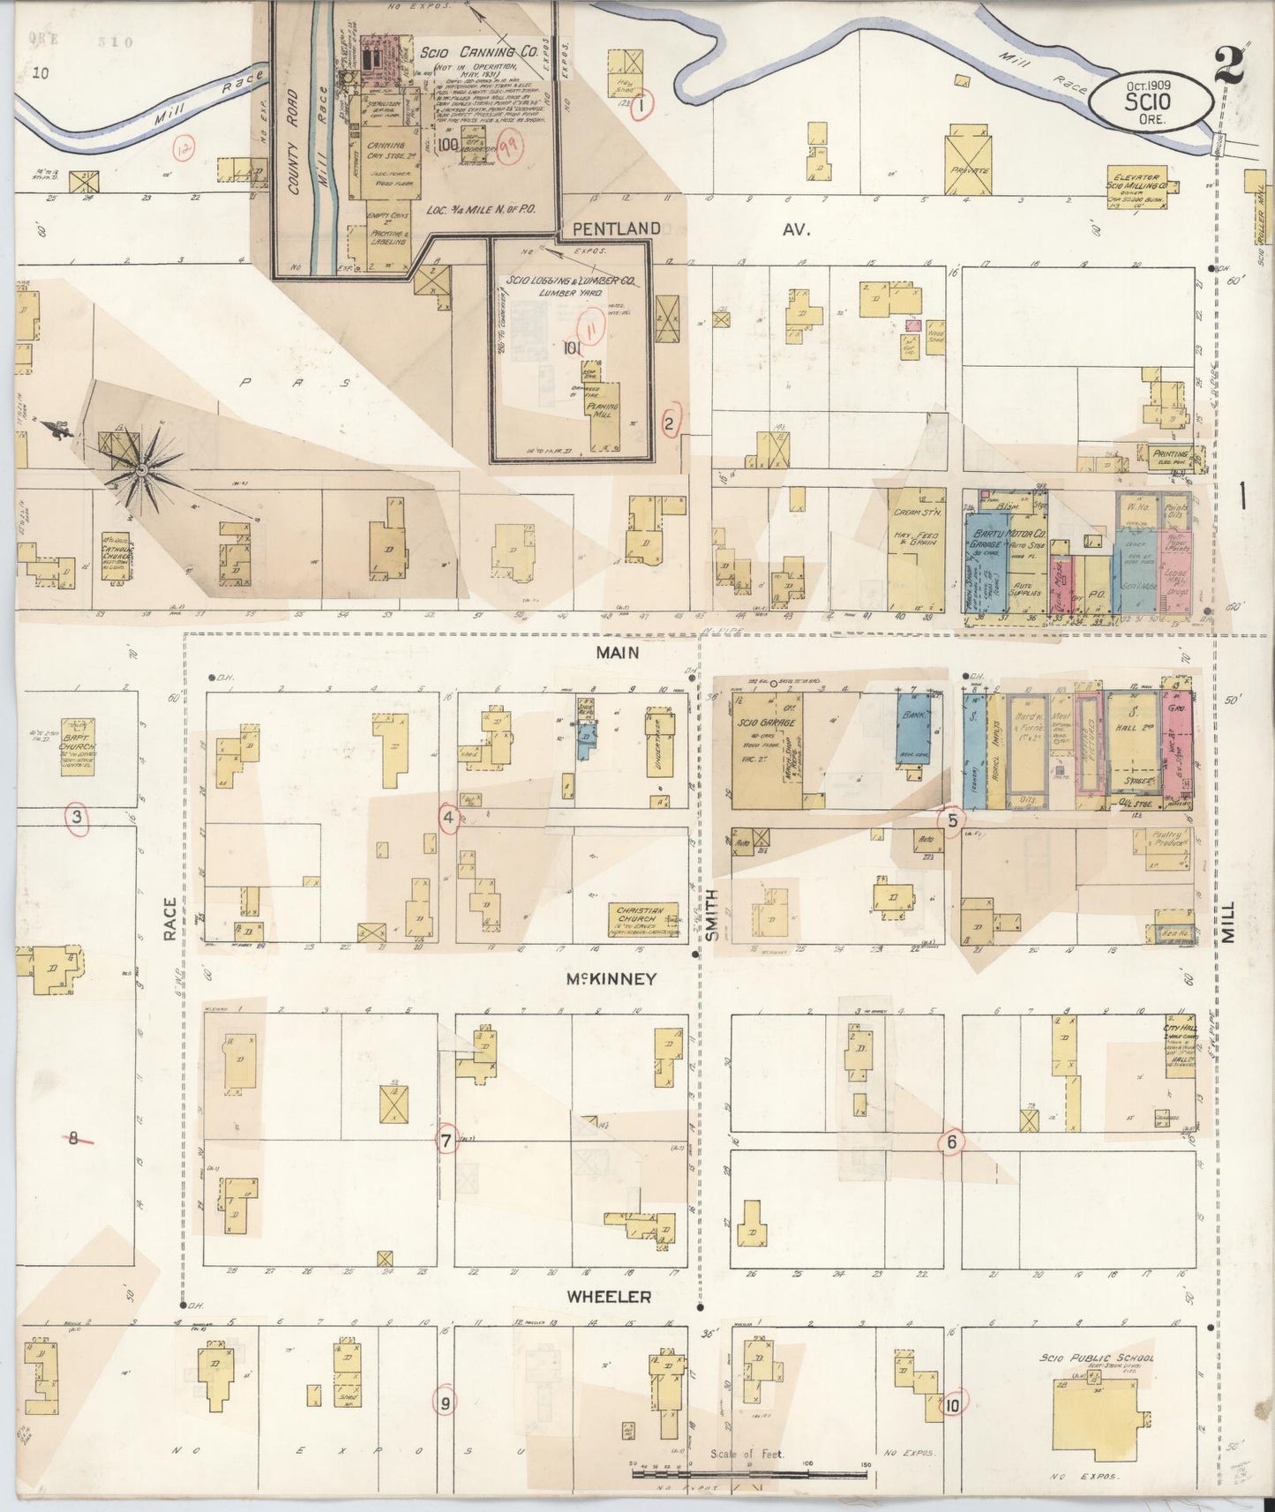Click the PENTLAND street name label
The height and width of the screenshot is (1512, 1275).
click(615, 228)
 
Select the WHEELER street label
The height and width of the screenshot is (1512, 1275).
click(609, 1297)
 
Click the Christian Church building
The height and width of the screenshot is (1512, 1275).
click(641, 919)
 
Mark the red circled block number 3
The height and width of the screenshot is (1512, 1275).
click(78, 818)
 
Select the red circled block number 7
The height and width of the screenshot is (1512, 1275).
click(446, 1141)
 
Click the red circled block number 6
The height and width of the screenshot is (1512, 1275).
click(951, 1141)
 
